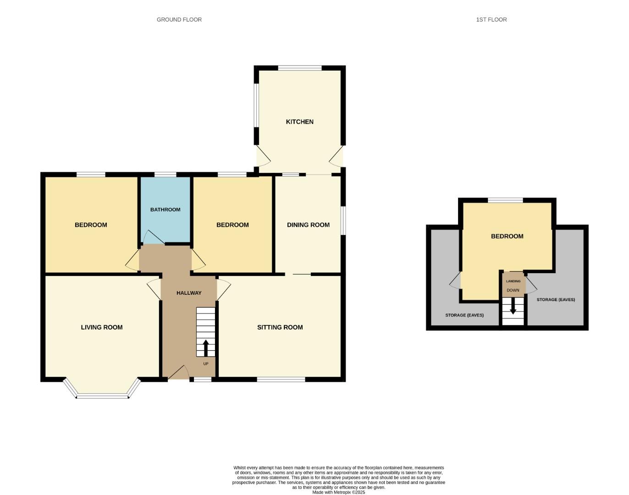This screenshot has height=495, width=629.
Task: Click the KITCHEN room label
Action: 299,121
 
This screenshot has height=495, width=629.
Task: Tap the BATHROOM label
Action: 165,209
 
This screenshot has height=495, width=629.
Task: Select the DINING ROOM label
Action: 308,225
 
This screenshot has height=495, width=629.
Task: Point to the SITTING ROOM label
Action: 280,327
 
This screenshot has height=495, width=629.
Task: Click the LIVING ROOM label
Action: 101,327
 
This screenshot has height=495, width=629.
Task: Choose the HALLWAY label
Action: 189,293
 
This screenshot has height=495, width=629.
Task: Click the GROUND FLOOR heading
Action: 179,19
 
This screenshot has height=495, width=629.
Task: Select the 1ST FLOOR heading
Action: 491,19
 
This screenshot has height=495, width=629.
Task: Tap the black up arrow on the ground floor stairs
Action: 205,347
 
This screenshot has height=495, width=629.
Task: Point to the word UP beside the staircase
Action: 205,364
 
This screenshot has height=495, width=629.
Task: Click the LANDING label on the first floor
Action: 513,281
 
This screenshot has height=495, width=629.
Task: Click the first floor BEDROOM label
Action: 507,236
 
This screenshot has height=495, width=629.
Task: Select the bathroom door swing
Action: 153,237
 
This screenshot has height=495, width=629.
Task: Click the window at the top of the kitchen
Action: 299,68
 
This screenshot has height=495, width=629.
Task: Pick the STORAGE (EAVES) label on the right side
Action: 556,300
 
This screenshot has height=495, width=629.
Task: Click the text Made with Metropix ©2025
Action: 338,492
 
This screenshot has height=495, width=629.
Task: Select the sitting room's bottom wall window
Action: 281,379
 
